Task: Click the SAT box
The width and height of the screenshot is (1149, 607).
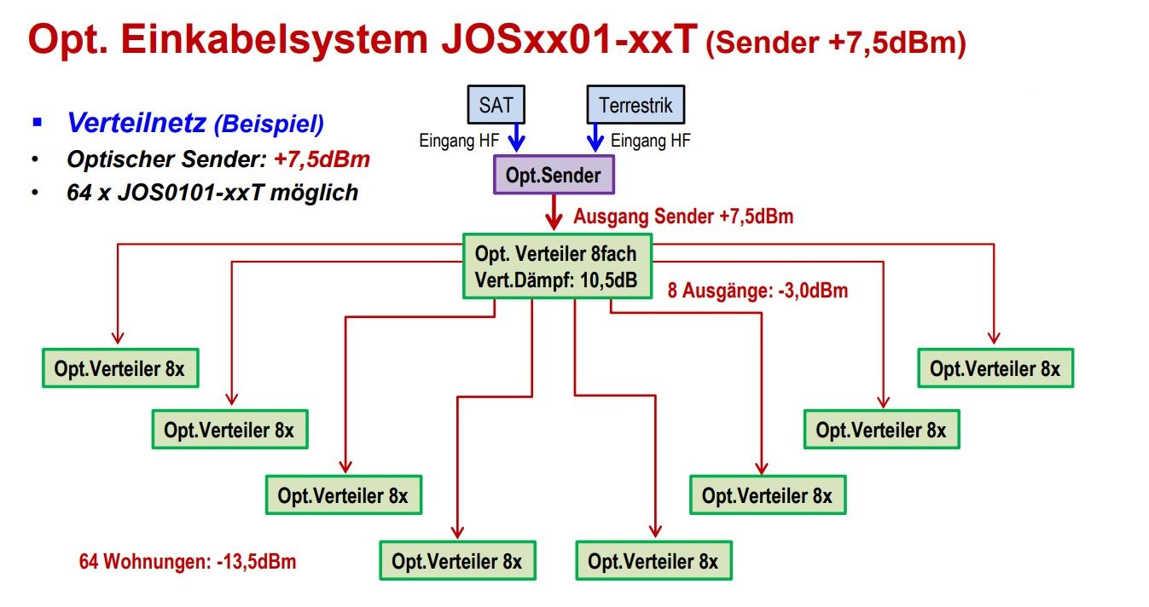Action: pos(496,106)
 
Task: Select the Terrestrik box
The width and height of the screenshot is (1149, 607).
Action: pos(635,106)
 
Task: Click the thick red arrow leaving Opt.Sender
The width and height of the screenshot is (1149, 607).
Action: pos(554,212)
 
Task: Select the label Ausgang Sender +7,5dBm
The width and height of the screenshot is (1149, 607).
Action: pos(683,217)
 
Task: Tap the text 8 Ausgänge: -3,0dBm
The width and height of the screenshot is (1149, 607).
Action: pos(758,291)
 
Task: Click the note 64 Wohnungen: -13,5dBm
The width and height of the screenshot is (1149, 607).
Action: pos(188,562)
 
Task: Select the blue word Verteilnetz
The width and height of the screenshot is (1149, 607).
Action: pos(136,124)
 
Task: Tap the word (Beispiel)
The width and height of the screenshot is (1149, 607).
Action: pos(269,124)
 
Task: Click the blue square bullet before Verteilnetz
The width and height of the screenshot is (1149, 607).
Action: pos(36,123)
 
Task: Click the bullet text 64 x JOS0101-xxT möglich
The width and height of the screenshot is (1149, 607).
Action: pos(212,193)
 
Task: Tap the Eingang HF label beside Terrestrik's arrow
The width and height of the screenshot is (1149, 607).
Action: pos(651,142)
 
